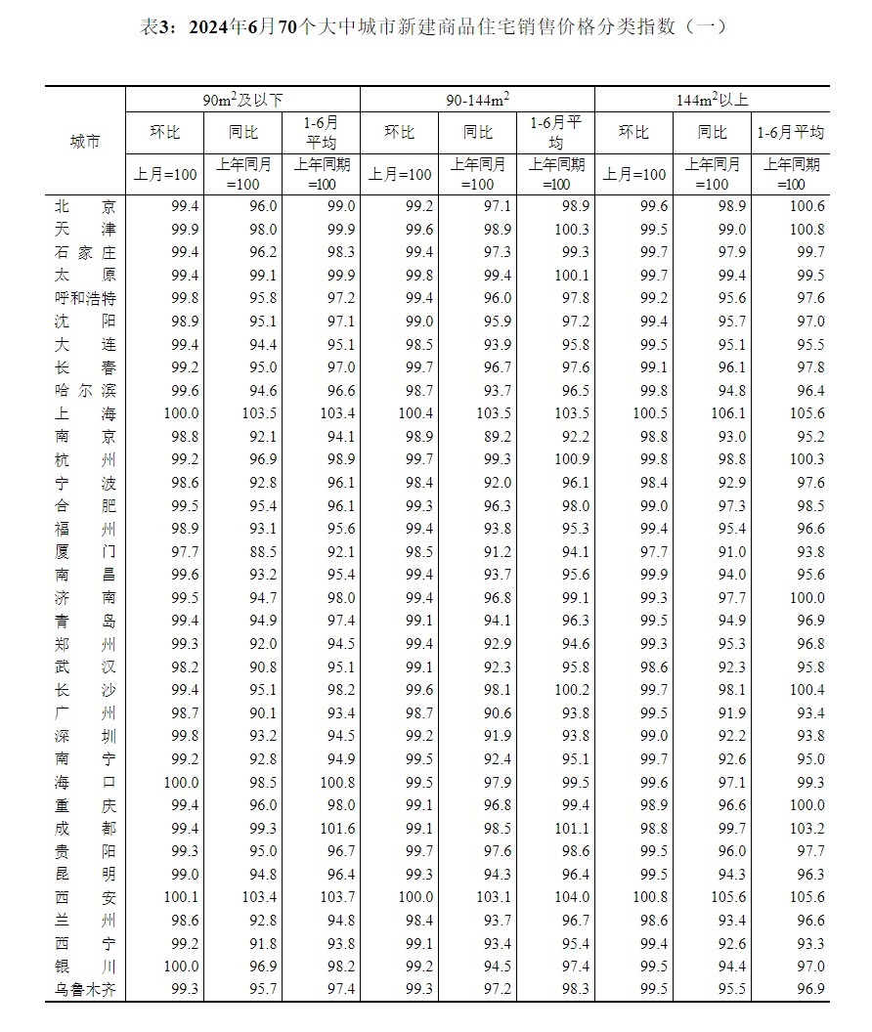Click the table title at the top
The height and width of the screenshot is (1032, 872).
coord(435,27)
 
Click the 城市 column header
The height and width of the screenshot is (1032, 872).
coord(85,142)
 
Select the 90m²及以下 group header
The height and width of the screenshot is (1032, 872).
coord(242,100)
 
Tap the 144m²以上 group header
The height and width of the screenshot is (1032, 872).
coord(712,100)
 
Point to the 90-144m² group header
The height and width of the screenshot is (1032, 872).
coord(477,100)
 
